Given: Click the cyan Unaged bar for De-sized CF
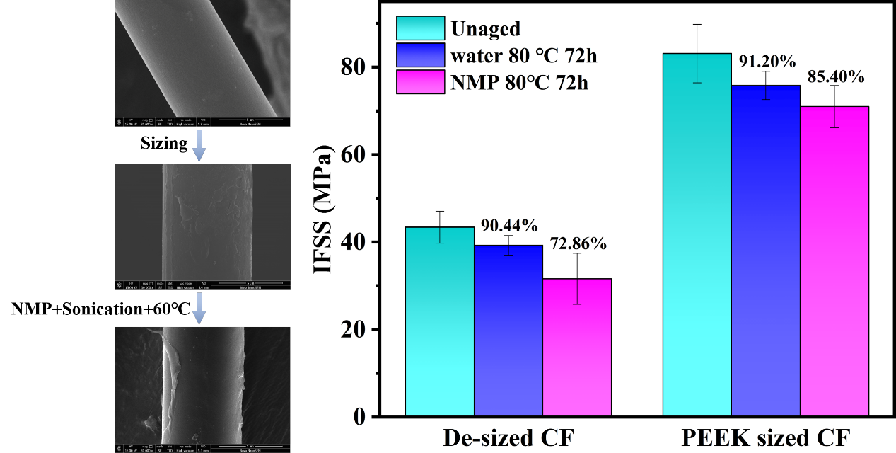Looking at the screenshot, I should point(439,322).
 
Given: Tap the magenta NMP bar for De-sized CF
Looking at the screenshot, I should point(577,348).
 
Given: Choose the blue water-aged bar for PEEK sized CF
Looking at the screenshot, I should point(765,251).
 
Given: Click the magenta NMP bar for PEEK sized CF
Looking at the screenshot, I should point(834,261).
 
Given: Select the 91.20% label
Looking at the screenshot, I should point(766,62).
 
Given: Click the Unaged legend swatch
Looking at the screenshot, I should point(420,28).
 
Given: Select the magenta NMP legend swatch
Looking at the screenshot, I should point(420,81).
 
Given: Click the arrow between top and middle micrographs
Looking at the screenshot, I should point(199,145).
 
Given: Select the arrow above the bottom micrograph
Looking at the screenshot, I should point(199,309).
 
